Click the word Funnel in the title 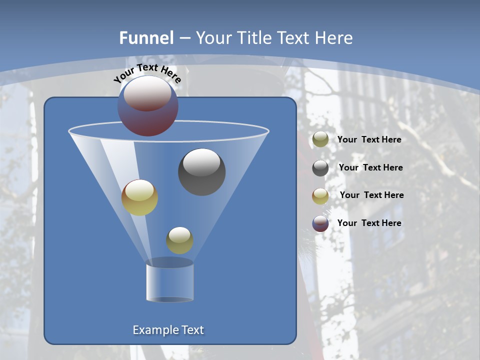(146, 38)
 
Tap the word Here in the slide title (334, 38)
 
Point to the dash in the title (184, 38)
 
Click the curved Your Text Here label (147, 72)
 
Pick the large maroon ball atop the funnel (148, 106)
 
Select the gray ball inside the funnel (201, 172)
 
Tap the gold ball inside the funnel (139, 197)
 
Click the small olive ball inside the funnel (179, 240)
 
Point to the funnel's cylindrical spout (170, 282)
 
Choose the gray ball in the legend (320, 168)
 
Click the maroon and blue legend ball (320, 223)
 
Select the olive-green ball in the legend (320, 139)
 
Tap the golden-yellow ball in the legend (320, 196)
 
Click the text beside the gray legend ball (370, 168)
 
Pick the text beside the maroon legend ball (369, 223)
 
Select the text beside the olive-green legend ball (369, 140)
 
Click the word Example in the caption (155, 330)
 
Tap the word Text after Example (192, 330)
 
